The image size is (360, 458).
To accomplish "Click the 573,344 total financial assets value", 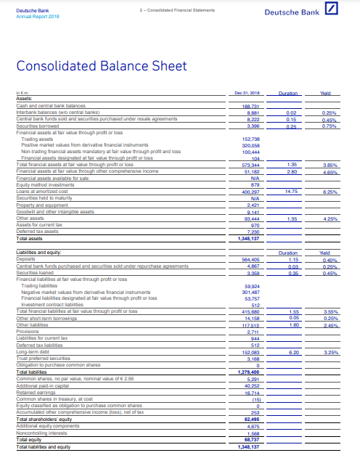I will [x=240, y=164].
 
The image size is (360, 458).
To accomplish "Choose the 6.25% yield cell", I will [x=330, y=191].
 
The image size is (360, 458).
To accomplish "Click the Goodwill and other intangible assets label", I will [x=54, y=213].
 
